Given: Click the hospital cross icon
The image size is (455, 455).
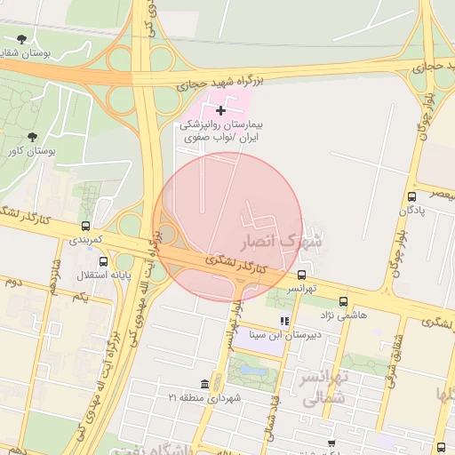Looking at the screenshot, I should (221, 109).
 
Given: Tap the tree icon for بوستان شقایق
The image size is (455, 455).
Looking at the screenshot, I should (22, 38).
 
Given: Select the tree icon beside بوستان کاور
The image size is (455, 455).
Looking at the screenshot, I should (33, 137).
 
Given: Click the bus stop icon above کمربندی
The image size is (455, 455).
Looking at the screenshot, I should (85, 226).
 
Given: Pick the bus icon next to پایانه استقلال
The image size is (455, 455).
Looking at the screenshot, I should (104, 262).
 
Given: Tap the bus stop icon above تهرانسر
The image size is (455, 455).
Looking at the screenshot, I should (302, 275).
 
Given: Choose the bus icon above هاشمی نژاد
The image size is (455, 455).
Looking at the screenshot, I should (344, 301).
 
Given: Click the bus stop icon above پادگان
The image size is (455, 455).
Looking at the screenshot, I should (411, 196).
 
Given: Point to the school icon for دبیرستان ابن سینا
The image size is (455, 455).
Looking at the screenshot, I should (283, 321).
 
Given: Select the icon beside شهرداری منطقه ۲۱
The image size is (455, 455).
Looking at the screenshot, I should (205, 384).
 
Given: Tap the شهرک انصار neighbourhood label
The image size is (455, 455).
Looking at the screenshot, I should (283, 241).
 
